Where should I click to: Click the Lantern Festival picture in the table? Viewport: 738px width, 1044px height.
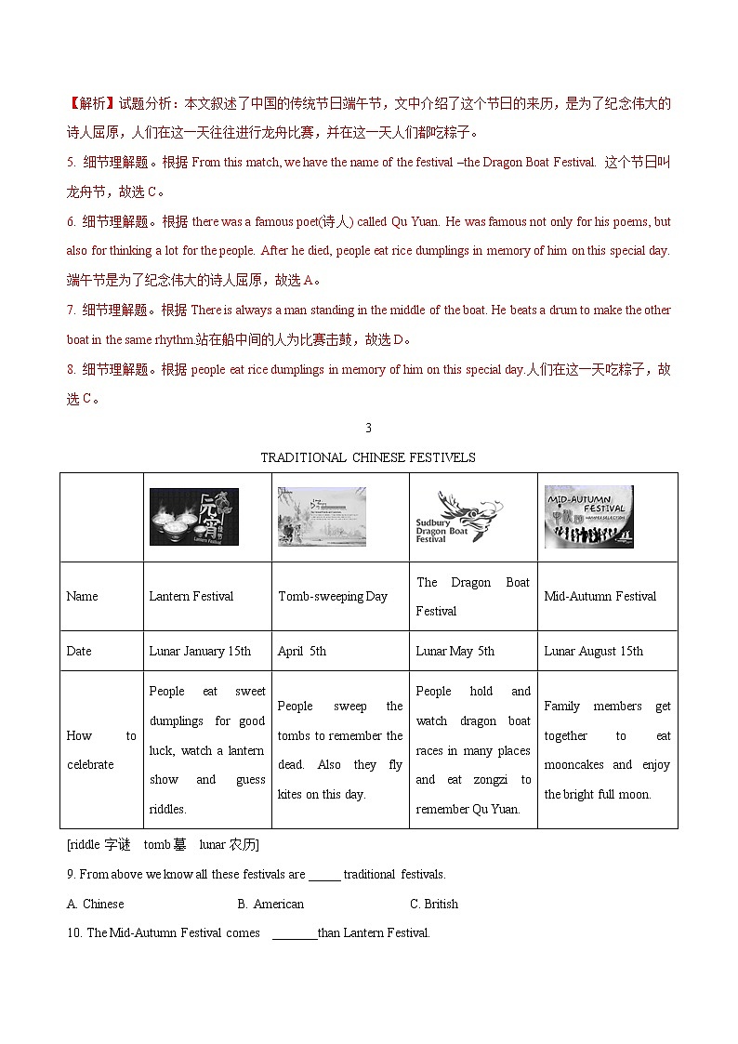(194, 517)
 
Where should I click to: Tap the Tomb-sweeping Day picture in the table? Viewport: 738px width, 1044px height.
(322, 517)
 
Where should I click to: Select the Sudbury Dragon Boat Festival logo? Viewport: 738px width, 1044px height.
(457, 517)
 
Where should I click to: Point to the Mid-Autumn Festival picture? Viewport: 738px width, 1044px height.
(588, 517)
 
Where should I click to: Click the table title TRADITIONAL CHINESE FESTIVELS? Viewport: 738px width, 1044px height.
(367, 457)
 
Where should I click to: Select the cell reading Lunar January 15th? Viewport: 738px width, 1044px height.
(200, 651)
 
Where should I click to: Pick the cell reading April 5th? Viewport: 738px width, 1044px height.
(302, 651)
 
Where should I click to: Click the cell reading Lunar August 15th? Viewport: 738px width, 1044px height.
(593, 651)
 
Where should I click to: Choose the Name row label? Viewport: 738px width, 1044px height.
(82, 597)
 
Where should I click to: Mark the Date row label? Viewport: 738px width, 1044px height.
(79, 651)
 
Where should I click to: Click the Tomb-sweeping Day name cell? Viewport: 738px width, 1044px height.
(332, 597)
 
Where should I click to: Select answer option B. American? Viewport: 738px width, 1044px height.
(270, 904)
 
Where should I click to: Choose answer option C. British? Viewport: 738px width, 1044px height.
(433, 904)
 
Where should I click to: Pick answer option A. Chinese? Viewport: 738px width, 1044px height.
(96, 904)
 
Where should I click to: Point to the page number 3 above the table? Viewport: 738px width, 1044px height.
(368, 428)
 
